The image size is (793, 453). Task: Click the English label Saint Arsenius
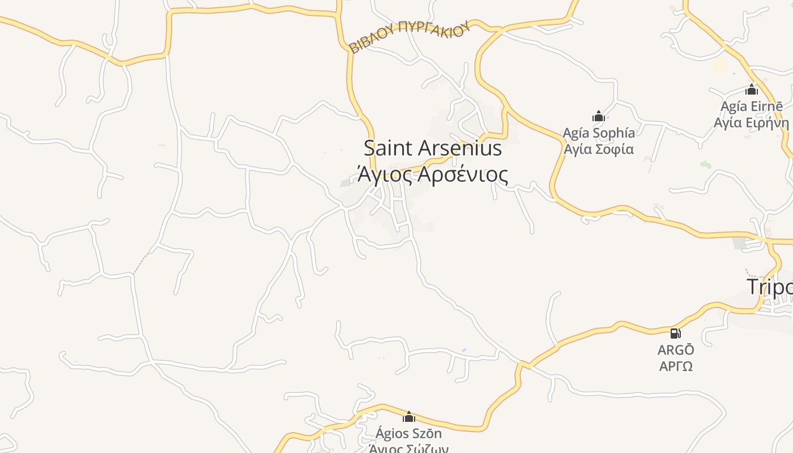[x=433, y=148]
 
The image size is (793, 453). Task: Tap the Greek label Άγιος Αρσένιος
[x=433, y=174]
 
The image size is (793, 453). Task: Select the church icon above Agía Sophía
[x=599, y=117]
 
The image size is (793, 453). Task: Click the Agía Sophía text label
[x=599, y=133]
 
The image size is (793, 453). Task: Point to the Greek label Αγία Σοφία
[x=599, y=149]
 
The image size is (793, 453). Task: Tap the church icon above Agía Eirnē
[x=752, y=89]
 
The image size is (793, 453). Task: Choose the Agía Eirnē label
[x=752, y=106]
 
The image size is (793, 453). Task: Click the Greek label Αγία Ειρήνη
[x=752, y=123]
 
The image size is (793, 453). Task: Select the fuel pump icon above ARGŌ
[x=675, y=333]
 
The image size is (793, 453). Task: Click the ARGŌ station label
[x=676, y=351]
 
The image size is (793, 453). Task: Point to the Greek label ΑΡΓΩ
[x=676, y=366]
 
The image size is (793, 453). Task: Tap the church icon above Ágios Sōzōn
[x=409, y=417]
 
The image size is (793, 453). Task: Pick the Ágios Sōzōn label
[x=409, y=434]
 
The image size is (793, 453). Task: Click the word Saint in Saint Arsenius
[x=389, y=148]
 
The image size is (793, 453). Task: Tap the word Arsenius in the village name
[x=460, y=148]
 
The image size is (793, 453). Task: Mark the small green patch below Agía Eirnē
[x=705, y=164]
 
